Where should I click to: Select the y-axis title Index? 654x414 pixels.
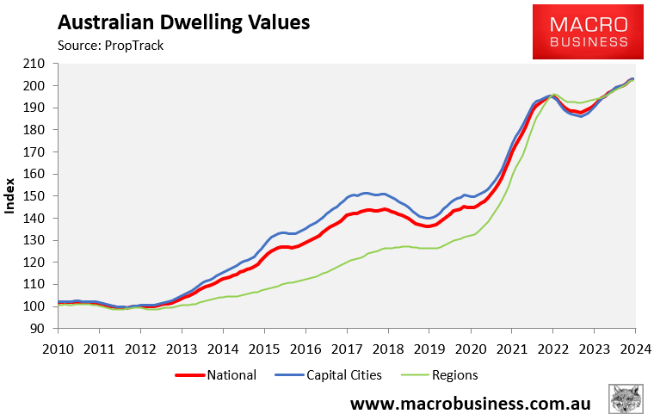pyautogui.click(x=10, y=195)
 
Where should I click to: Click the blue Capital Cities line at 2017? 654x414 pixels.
pyautogui.click(x=346, y=197)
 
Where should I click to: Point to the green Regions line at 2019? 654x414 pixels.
pyautogui.click(x=429, y=248)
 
